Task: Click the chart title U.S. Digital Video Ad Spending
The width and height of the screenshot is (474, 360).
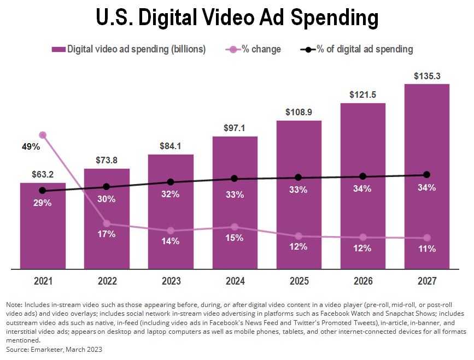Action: click(x=237, y=18)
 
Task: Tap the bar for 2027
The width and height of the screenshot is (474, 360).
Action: click(x=426, y=137)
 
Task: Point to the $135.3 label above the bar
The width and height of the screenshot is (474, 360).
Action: click(x=426, y=75)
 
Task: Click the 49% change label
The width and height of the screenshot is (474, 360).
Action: click(x=31, y=146)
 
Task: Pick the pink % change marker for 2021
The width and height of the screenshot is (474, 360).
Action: click(x=43, y=135)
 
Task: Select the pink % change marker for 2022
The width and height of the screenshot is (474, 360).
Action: click(x=107, y=223)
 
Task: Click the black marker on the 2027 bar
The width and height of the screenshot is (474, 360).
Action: click(x=426, y=175)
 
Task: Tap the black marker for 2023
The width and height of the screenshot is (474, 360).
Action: click(x=171, y=182)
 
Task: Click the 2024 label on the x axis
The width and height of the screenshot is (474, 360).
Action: click(x=235, y=281)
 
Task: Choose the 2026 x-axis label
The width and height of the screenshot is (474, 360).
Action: click(x=362, y=281)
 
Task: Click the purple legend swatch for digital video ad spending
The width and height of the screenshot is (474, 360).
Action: click(x=58, y=49)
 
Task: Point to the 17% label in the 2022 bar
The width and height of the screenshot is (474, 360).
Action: click(x=107, y=234)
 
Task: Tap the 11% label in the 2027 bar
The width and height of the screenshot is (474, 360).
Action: click(x=426, y=249)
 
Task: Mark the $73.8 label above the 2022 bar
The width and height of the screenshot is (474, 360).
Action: click(x=107, y=160)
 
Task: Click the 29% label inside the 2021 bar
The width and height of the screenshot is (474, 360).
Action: click(x=43, y=203)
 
